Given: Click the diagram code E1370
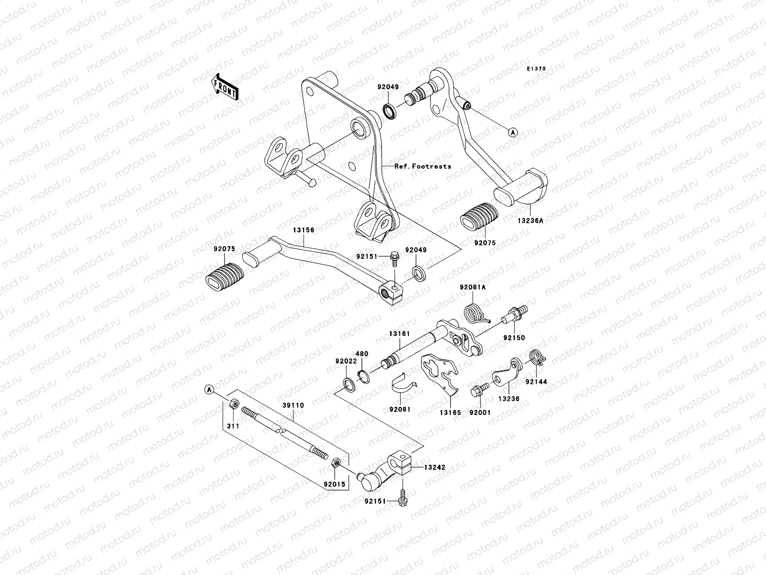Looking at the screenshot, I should pos(536,69).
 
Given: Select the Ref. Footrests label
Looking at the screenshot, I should pos(423,166).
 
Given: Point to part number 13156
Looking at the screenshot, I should pos(304,230).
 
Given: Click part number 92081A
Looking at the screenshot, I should pos(473,287).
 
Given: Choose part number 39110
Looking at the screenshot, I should pos(293,405).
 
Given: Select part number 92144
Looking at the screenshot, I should pos(535,382).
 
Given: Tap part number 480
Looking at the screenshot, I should pos(362,354).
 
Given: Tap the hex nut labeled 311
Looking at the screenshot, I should pos(234,403).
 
